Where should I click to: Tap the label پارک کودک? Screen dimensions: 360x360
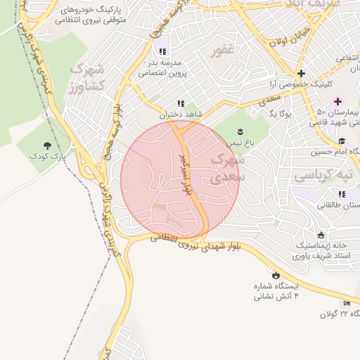tap(47, 156)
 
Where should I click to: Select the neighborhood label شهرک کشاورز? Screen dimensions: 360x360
tap(87, 77)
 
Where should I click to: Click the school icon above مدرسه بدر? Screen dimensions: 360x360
tap(162, 51)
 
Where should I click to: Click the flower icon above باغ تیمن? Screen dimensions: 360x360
tap(240, 131)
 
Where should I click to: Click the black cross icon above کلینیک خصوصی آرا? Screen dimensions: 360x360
tap(301, 72)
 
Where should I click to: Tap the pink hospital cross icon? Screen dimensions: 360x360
tap(337, 101)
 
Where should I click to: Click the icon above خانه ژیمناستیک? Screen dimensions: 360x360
tap(321, 235)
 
